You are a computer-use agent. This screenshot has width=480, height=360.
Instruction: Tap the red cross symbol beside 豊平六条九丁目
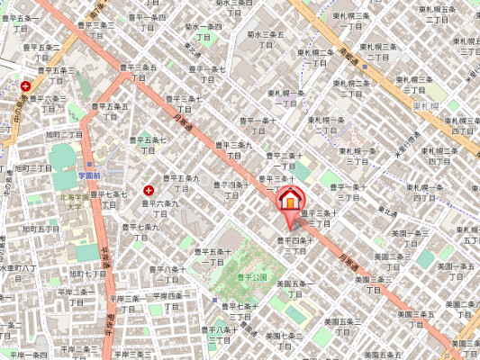[x=149, y=191]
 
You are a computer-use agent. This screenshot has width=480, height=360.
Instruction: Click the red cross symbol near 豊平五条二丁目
[x=25, y=87]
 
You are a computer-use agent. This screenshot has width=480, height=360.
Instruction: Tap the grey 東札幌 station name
[x=425, y=107]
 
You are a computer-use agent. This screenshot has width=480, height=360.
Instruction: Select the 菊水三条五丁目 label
[x=266, y=40]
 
